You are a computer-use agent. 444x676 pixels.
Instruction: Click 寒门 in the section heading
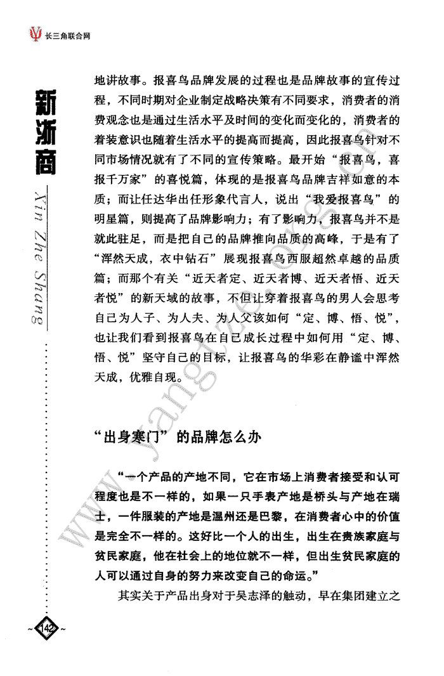coord(151,438)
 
